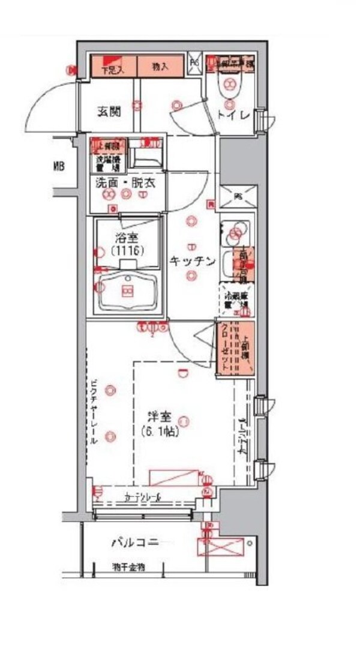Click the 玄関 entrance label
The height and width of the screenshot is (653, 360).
tap(109, 111)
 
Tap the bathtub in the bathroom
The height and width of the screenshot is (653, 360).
tap(127, 291)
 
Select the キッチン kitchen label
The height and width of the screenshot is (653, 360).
tap(192, 260)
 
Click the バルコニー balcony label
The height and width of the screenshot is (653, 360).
tap(135, 543)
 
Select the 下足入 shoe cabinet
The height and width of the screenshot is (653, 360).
tap(114, 67)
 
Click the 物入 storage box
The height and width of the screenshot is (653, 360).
tap(160, 67)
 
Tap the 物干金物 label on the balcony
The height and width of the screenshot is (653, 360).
tap(128, 567)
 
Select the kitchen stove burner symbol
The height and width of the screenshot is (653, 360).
tap(235, 232)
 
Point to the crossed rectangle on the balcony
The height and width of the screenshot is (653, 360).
tap(221, 547)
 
